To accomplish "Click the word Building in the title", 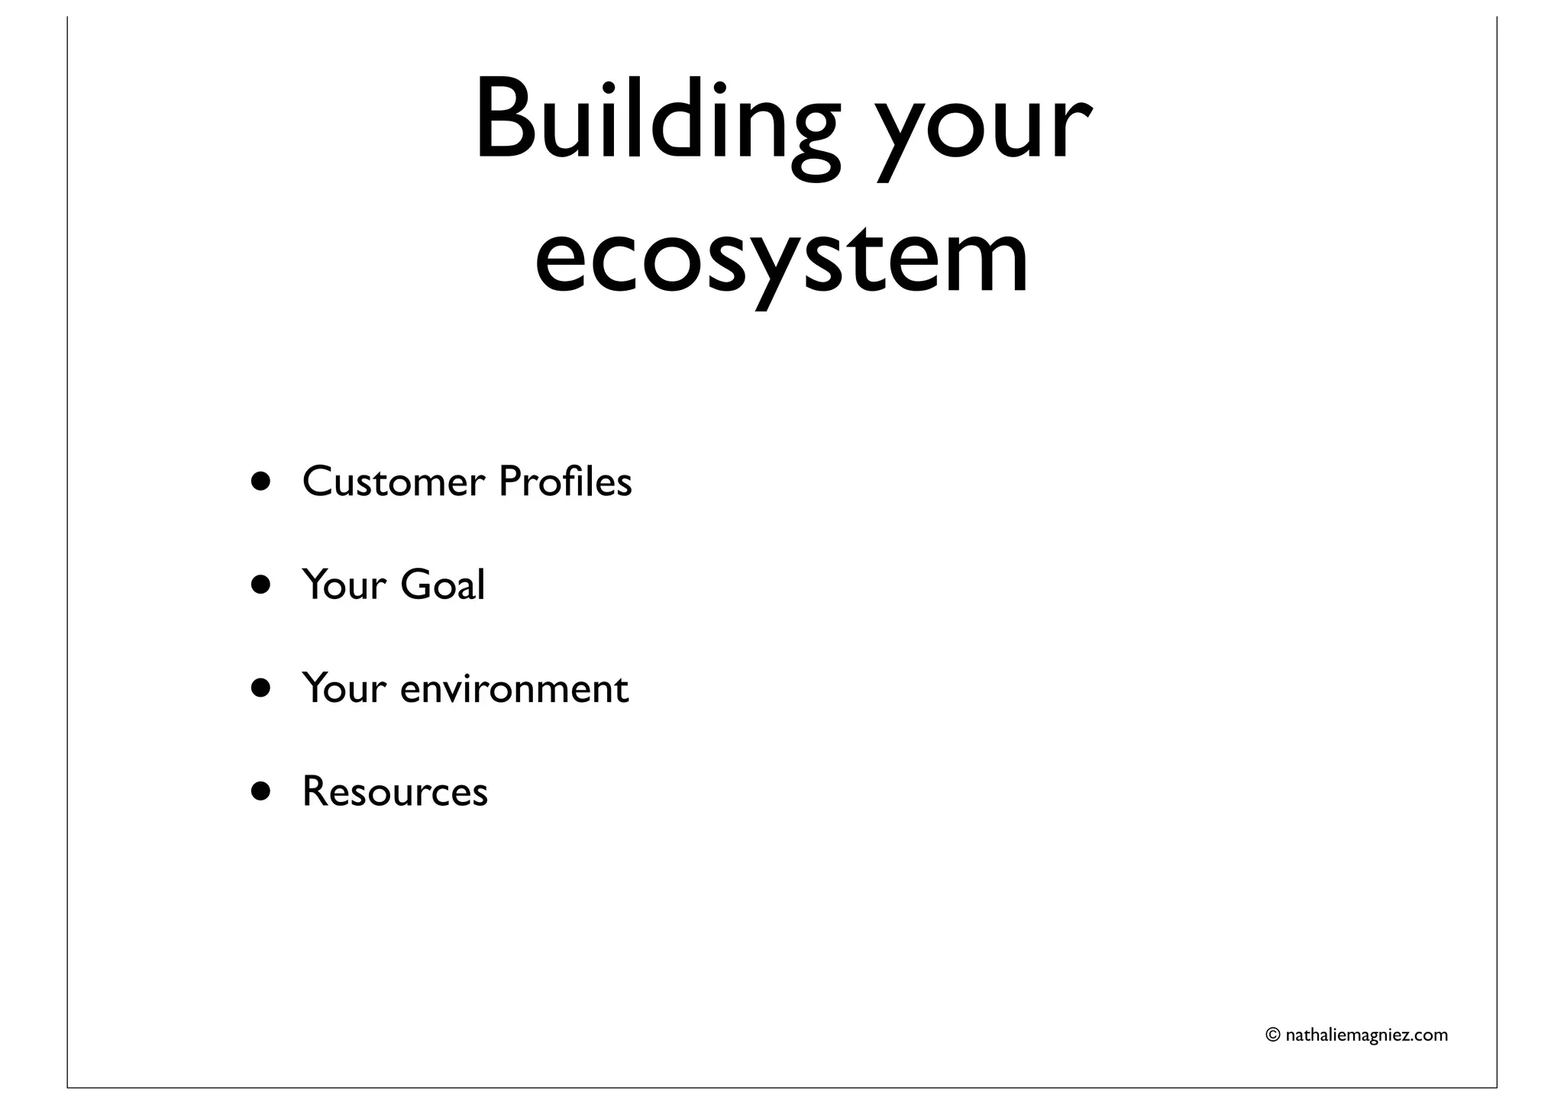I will coord(657,122).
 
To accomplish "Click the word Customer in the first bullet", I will coord(393,482).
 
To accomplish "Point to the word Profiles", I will coord(565,482).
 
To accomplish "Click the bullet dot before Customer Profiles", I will coord(261,482).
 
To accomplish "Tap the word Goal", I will coord(442,585).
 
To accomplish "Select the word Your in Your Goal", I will coord(344,585).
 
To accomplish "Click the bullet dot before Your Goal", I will coord(261,585).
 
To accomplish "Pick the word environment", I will coord(514,689).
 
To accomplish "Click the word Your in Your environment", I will coord(344,689).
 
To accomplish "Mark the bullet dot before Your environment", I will coord(261,688).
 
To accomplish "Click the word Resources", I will coord(395,792).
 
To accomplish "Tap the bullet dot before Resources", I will coord(261,792).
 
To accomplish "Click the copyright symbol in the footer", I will coord(1273,1036).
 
